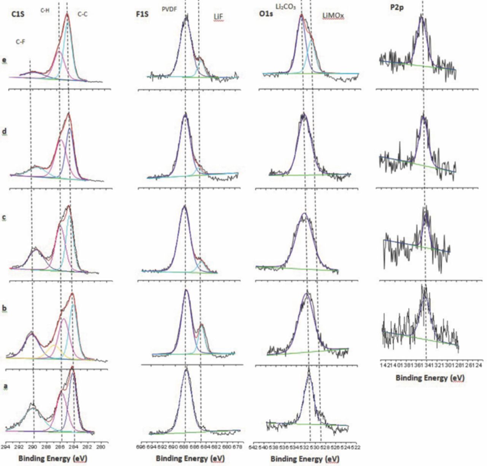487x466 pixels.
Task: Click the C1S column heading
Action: [18, 15]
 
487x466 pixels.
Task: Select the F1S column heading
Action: [142, 15]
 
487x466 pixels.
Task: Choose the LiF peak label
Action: [218, 17]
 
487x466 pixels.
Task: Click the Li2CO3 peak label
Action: [286, 7]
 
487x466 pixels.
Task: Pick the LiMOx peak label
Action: [333, 16]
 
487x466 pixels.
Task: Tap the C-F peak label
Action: [21, 42]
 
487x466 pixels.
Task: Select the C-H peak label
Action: [45, 11]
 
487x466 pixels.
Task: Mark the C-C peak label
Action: [83, 14]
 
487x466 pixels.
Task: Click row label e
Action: [4, 60]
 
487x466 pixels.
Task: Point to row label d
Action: [4, 132]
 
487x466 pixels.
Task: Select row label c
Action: [4, 218]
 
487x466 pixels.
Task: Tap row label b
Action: [5, 309]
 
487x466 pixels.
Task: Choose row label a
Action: [5, 386]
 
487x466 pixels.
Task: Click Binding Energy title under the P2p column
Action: [430, 378]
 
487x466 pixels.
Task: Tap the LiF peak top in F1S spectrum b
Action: [202, 324]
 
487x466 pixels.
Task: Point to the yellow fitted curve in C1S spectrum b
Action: [53, 346]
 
